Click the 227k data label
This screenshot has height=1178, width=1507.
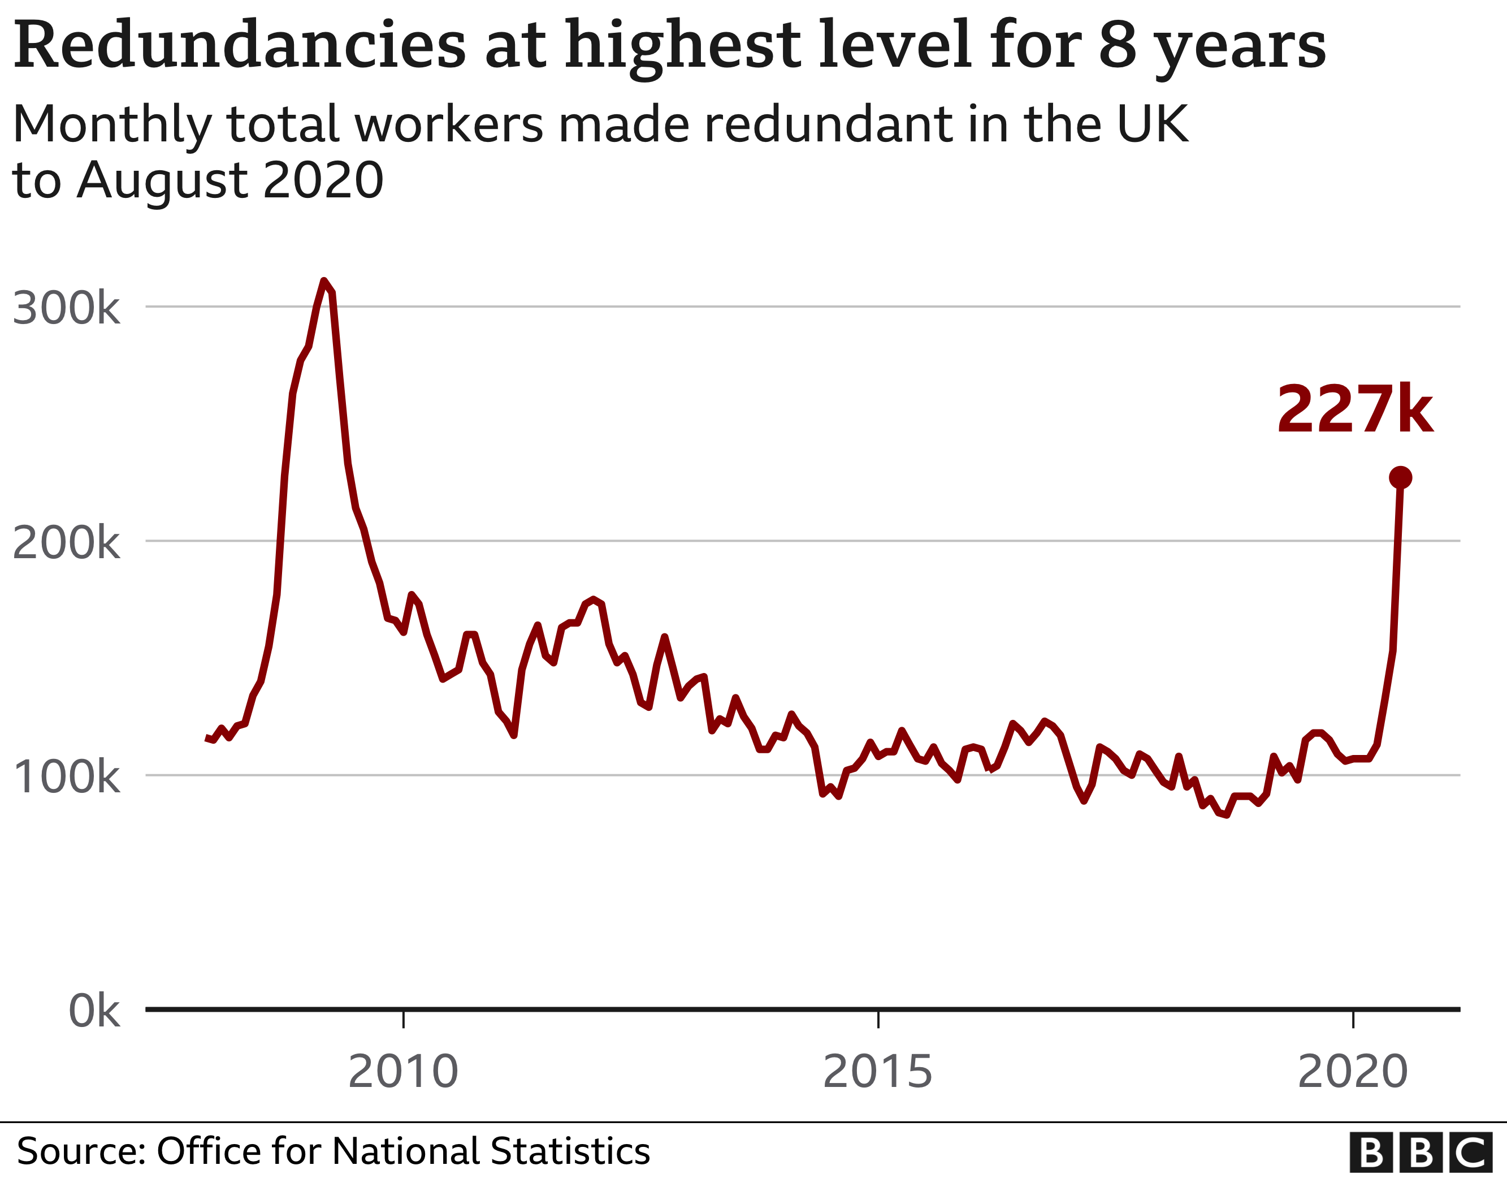click(x=1354, y=409)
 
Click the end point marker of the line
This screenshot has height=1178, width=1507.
click(x=1400, y=477)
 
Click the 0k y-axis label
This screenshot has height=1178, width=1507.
click(x=94, y=1011)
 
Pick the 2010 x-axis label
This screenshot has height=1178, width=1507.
click(x=403, y=1071)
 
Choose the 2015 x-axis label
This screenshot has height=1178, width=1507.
click(x=878, y=1071)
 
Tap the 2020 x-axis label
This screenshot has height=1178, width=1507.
click(x=1353, y=1071)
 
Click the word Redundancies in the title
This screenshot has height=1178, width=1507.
click(x=240, y=45)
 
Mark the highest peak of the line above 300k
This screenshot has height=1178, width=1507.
click(x=324, y=281)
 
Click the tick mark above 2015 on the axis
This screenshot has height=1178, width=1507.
click(x=878, y=1019)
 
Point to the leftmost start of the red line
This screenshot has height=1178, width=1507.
click(x=206, y=739)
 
